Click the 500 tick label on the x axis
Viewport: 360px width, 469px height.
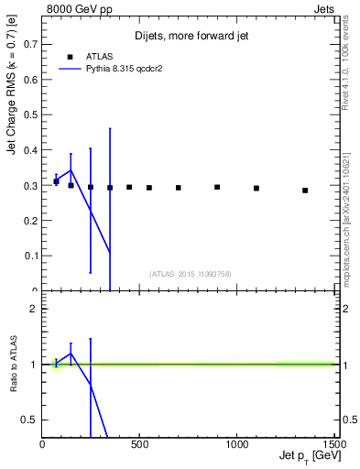click(x=139, y=445)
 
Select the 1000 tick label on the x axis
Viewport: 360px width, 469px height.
click(x=236, y=445)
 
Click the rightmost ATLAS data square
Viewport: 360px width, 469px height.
click(x=305, y=191)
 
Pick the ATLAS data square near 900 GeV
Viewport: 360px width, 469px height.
click(x=217, y=187)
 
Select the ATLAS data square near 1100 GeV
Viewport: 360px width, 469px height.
click(x=256, y=189)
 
